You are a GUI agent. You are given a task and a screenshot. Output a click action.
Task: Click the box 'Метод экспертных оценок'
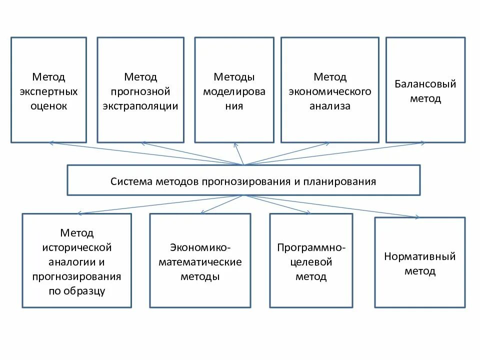pos(48,90)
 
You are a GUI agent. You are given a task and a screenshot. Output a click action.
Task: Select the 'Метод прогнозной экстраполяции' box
pos(140,90)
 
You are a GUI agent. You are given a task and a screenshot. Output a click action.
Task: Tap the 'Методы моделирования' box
pos(234,90)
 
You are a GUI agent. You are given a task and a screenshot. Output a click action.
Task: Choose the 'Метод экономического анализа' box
pos(329,90)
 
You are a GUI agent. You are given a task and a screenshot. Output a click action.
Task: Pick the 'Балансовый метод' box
pos(425,90)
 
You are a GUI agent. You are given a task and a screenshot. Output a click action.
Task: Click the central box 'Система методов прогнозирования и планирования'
pos(243,180)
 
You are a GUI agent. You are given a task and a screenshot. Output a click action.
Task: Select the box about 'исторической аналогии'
pos(77,260)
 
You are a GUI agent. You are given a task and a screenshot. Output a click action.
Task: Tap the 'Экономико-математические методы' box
pos(200,260)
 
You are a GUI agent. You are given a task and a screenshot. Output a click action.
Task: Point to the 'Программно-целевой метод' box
pos(311,260)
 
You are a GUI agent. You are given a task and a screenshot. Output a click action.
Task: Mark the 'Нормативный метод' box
pos(420,262)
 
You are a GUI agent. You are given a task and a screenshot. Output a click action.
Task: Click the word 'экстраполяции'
pos(140,106)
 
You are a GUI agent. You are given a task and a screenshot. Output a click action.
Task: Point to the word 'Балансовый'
pos(425,84)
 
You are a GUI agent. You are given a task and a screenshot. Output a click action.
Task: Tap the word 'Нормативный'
pos(420,256)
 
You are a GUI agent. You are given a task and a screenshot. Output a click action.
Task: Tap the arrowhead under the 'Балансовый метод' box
pos(423,143)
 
